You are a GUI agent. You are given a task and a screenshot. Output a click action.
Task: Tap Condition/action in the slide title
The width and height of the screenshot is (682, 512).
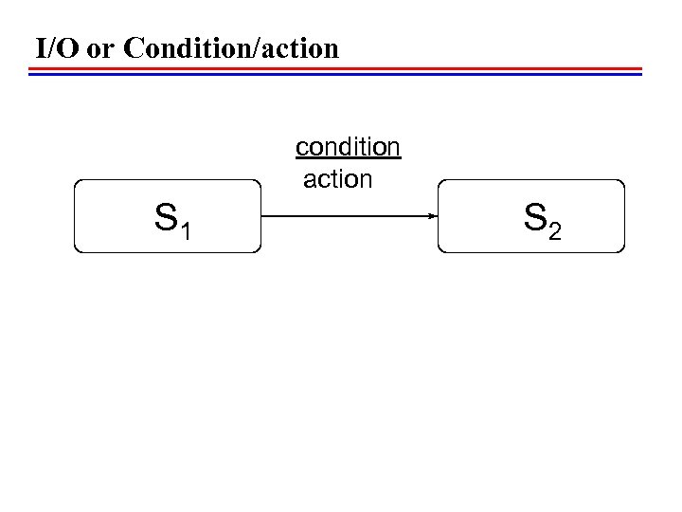pyautogui.click(x=229, y=48)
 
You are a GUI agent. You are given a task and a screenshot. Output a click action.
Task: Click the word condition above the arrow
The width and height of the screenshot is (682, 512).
pyautogui.click(x=348, y=148)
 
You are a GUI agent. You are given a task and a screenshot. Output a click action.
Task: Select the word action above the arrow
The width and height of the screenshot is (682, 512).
pyautogui.click(x=337, y=178)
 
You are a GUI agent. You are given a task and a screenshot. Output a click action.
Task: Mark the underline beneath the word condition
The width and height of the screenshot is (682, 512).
pyautogui.click(x=348, y=160)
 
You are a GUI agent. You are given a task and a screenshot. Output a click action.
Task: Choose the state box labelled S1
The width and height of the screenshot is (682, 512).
pyautogui.click(x=168, y=215)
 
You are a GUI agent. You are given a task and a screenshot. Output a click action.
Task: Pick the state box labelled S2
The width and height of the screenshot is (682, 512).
pyautogui.click(x=531, y=215)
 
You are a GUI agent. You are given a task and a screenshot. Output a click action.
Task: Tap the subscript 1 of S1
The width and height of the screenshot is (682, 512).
pyautogui.click(x=187, y=231)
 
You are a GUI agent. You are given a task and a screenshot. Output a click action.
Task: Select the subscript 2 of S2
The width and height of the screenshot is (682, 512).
pyautogui.click(x=556, y=231)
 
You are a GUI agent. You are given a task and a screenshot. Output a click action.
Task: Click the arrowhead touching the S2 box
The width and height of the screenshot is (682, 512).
pyautogui.click(x=432, y=216)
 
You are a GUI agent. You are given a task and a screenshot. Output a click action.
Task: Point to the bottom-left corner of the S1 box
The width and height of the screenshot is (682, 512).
pyautogui.click(x=77, y=249)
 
